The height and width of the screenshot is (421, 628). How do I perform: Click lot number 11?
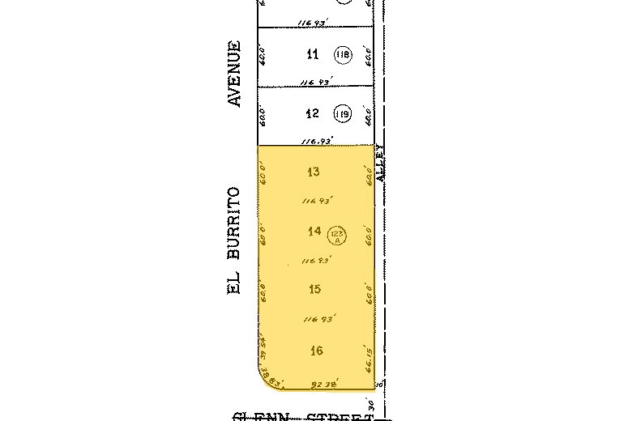tap(313, 55)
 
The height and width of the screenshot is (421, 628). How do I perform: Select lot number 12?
tap(313, 114)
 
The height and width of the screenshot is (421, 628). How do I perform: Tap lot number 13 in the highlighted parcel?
tap(314, 172)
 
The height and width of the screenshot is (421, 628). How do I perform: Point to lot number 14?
tap(315, 232)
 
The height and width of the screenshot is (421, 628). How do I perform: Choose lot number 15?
tap(315, 289)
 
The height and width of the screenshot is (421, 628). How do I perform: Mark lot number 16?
tap(316, 351)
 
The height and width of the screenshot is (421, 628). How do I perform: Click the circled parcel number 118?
tap(342, 55)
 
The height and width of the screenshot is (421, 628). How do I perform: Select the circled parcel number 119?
tap(342, 114)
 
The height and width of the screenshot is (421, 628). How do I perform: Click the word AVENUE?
tap(236, 74)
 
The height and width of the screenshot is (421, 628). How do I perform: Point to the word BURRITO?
tap(236, 223)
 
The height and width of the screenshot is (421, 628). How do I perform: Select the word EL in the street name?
tap(236, 285)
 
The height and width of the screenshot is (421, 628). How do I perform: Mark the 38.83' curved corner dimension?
tap(279, 380)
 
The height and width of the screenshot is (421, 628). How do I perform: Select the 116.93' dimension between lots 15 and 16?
tap(318, 320)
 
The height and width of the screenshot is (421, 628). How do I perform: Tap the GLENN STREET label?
tap(304, 417)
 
